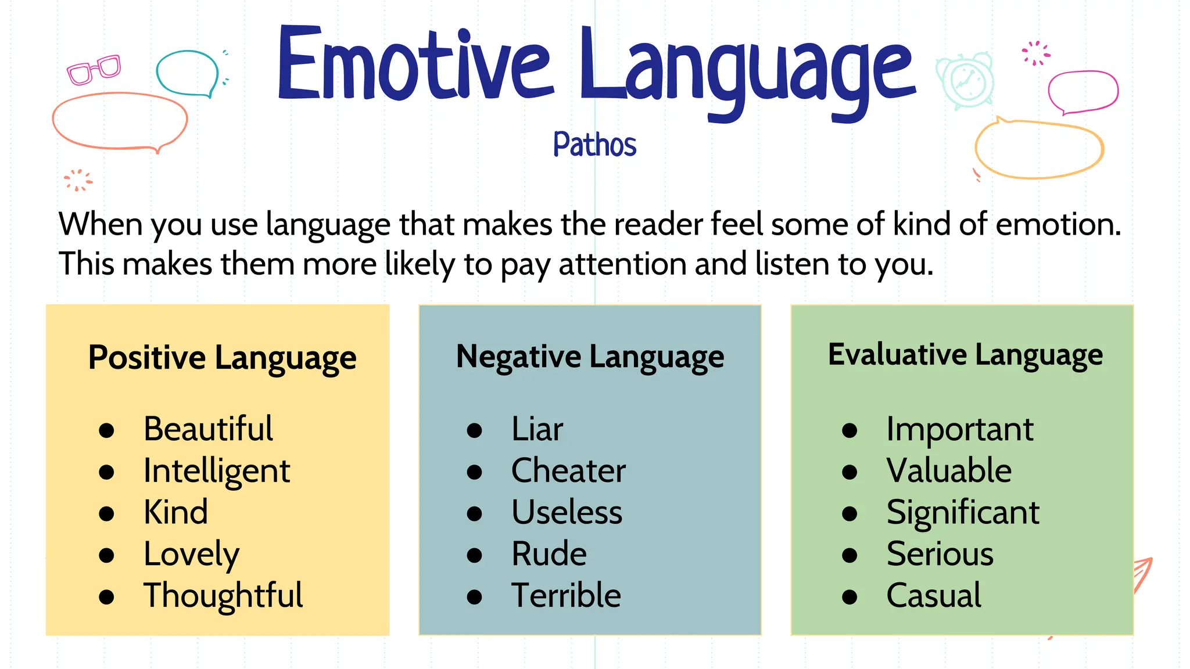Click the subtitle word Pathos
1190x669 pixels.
point(594,144)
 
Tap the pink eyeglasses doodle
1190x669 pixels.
point(94,70)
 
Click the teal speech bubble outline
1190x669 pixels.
point(187,73)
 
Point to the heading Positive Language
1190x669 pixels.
point(222,357)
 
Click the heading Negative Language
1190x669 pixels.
point(590,357)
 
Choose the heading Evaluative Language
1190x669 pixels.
point(965,355)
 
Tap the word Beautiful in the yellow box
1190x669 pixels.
point(208,429)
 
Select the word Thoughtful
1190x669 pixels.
point(223,596)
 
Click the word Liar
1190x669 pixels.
point(537,429)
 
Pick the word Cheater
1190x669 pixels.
point(568,470)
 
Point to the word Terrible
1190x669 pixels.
point(566,596)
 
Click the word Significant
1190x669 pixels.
point(963,513)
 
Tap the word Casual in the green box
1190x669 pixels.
point(934,596)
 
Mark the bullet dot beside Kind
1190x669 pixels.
point(106,513)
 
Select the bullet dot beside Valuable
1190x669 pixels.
point(850,472)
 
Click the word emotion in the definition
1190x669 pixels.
point(1058,224)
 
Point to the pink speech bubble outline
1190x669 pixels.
point(1083,92)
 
